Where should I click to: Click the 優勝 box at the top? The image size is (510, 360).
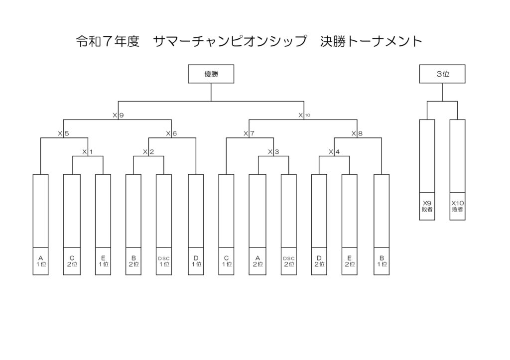[x=211, y=74]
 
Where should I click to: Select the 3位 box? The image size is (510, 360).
[x=442, y=74]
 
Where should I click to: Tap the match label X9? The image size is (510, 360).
[x=118, y=115]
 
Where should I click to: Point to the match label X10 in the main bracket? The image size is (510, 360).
[x=304, y=115]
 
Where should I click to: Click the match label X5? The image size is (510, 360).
[x=63, y=133]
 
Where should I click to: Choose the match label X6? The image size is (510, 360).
[x=171, y=133]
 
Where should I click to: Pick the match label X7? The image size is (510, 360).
[x=249, y=133]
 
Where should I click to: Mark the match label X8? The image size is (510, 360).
[x=357, y=133]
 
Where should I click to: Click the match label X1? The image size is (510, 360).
[x=88, y=151]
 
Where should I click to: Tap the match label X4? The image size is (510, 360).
[x=334, y=151]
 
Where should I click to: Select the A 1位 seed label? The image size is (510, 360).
[x=41, y=261]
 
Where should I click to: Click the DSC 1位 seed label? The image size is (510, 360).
[x=163, y=261]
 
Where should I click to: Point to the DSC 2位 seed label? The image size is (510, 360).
[x=289, y=261]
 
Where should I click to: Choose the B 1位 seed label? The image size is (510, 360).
[x=382, y=261]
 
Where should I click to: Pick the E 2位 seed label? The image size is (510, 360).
[x=349, y=261]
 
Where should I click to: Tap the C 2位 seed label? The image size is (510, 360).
[x=72, y=261]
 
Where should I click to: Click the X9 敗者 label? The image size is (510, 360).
[x=427, y=206]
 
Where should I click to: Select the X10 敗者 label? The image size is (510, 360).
[x=457, y=206]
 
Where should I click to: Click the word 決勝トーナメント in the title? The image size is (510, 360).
[x=371, y=41]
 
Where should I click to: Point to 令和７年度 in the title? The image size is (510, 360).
[x=108, y=41]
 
